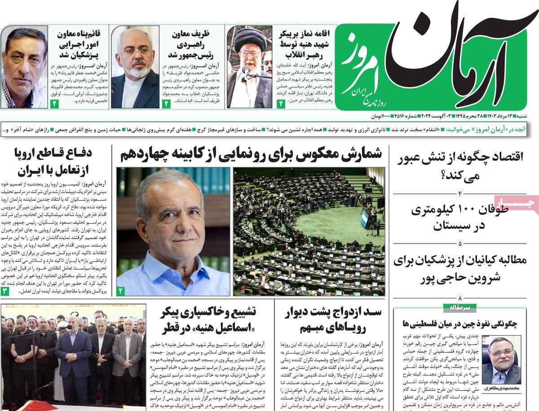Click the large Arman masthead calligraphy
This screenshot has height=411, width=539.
coord(454,58)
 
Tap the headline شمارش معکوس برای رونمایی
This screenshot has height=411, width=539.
coord(252,155)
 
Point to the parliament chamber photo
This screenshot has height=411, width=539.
coord(309,231)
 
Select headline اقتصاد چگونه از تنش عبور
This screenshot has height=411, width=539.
coord(460,166)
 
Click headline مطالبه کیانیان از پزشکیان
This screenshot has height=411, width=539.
coord(460,269)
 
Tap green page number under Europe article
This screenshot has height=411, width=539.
coord(5,291)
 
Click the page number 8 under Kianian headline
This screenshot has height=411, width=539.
coord(460,298)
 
